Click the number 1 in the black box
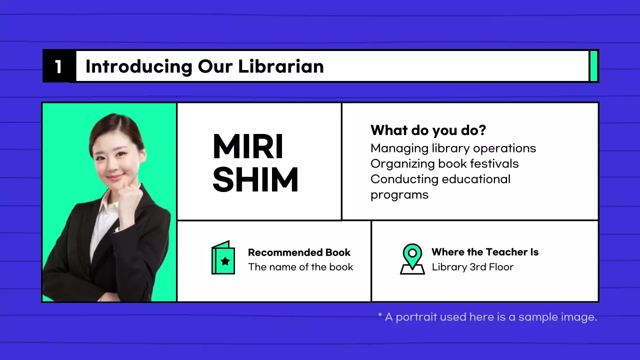58,66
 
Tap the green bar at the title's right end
594,66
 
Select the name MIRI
248,146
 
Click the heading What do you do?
428,130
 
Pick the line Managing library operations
453,148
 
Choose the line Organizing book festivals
444,163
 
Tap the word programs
399,194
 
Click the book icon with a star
223,258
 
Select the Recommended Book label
299,252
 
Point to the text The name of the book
300,267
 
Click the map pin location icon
412,258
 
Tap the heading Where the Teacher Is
485,252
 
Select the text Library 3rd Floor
472,267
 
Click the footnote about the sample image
487,317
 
